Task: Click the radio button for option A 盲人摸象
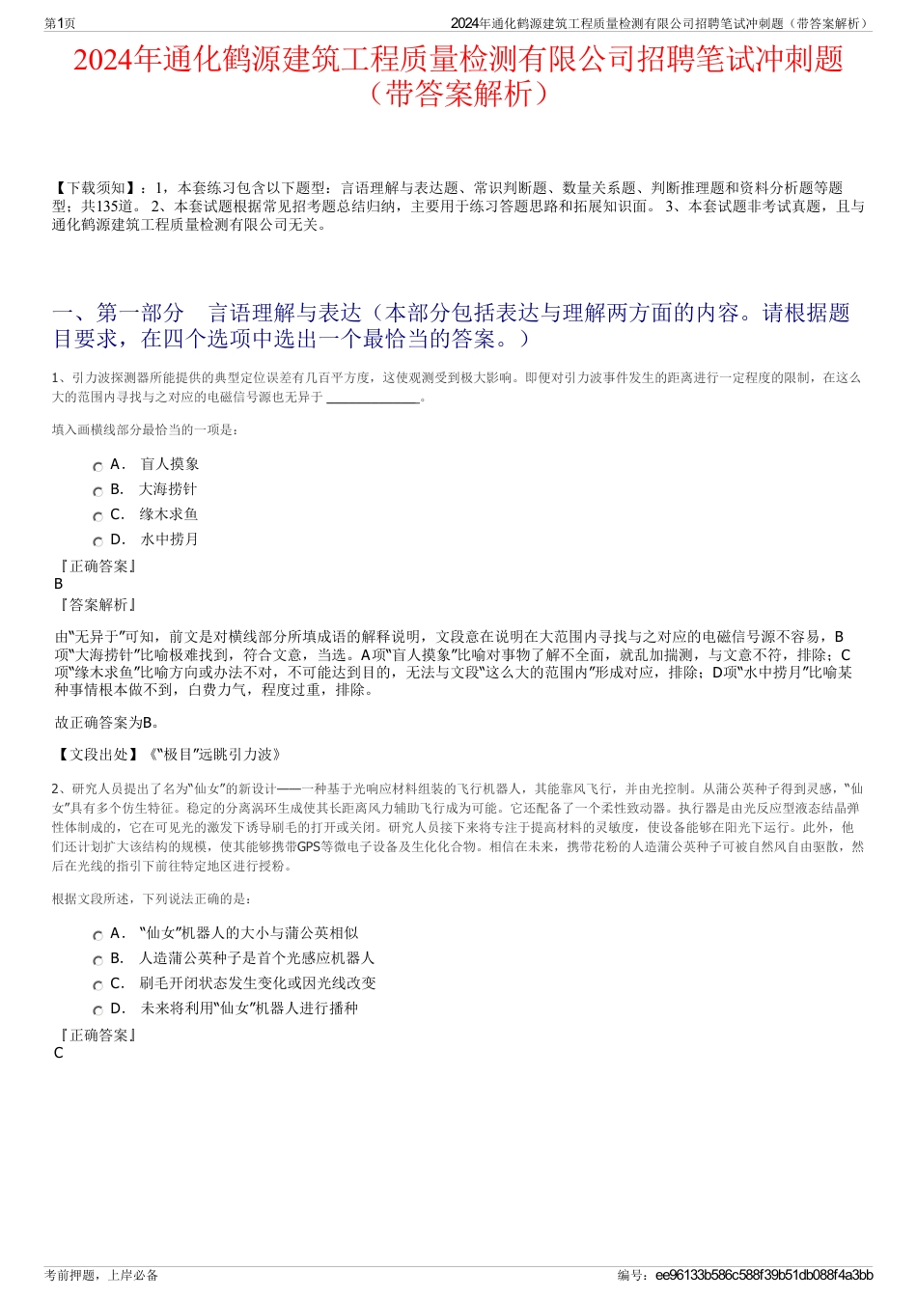97,466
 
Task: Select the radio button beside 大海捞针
97,491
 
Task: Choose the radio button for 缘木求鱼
97,516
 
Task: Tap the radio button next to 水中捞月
97,541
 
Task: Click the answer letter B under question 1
59,584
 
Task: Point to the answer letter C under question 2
59,1053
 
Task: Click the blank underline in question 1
374,399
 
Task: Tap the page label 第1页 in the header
60,23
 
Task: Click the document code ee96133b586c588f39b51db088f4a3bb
764,1276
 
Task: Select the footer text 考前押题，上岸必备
101,1276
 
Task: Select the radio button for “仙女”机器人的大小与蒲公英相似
97,935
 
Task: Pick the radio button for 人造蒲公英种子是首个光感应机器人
97,960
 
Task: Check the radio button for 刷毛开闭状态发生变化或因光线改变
97,985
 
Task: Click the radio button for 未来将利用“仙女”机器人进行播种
97,1010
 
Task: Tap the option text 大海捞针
168,489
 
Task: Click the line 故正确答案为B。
107,722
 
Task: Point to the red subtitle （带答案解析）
458,95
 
